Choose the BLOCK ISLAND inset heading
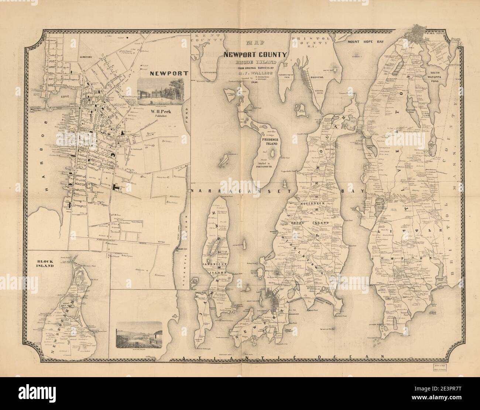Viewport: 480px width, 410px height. coord(45,264)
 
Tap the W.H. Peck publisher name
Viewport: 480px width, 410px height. coord(159,110)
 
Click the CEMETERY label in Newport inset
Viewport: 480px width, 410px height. coord(87,57)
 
